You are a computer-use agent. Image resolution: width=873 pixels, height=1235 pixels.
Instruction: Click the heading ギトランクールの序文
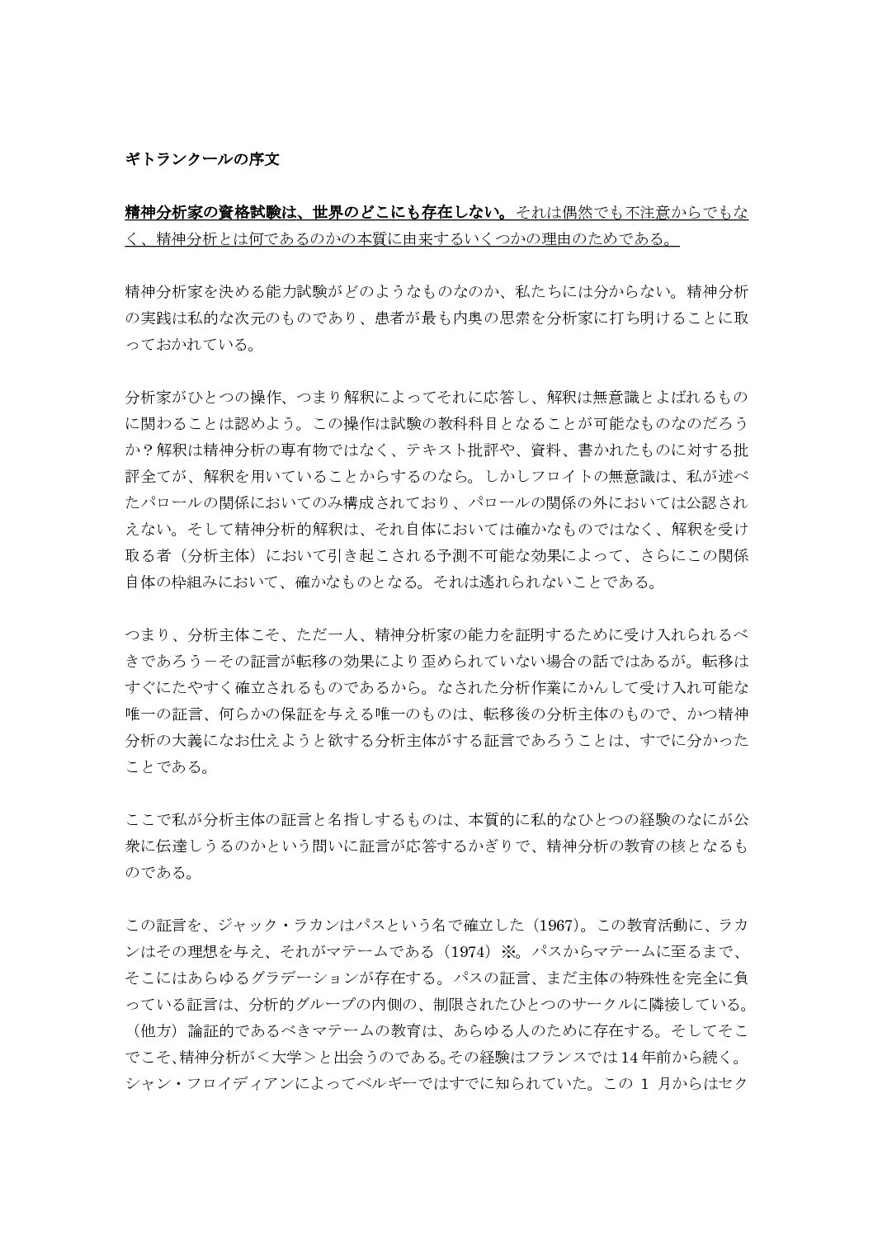point(202,160)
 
